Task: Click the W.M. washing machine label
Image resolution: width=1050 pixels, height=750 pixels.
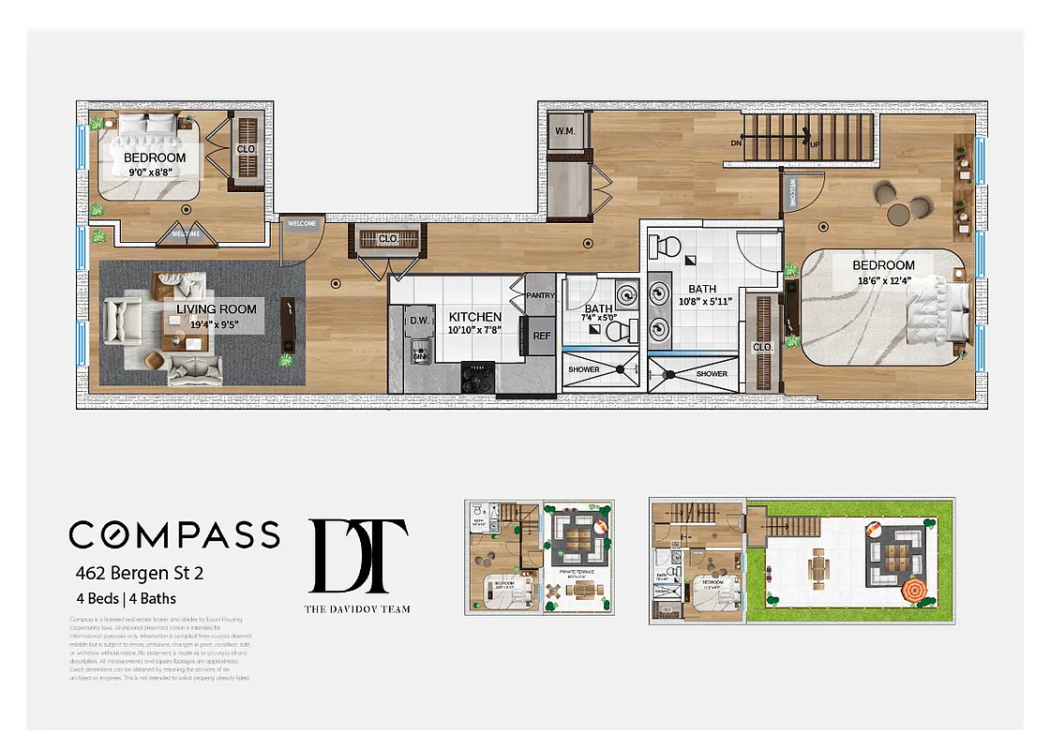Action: point(564,130)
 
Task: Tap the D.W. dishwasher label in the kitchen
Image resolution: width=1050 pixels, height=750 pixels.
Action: point(418,321)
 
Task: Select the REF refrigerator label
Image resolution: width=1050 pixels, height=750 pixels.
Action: point(541,335)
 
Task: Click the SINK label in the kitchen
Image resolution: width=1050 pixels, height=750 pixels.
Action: point(420,357)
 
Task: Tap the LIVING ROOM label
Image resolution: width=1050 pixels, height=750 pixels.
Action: point(217,308)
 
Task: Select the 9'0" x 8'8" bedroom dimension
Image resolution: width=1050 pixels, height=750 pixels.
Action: point(155,172)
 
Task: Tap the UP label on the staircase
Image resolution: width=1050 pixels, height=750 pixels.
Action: point(815,143)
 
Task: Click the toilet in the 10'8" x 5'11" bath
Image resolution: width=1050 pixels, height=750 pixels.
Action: point(666,248)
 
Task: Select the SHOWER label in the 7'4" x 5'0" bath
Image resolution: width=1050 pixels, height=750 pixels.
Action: point(584,369)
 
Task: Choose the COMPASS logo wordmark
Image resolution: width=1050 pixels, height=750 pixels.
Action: point(174,533)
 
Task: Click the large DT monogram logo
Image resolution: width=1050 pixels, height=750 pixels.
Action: point(358,555)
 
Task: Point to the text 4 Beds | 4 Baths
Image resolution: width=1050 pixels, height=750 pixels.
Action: point(126,598)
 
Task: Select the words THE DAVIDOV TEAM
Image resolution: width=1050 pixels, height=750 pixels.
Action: point(357,608)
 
